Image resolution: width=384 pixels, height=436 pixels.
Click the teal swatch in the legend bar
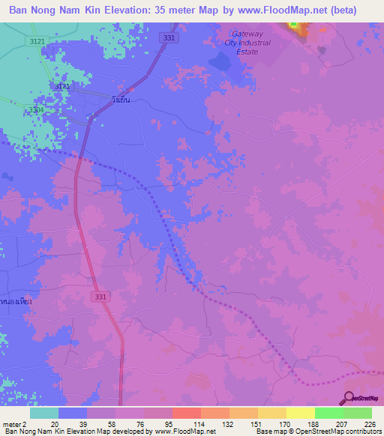44,413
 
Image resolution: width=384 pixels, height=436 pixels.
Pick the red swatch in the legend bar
186,413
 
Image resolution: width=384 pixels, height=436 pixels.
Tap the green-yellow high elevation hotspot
295,28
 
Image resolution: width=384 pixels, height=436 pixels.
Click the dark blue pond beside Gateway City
222,65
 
